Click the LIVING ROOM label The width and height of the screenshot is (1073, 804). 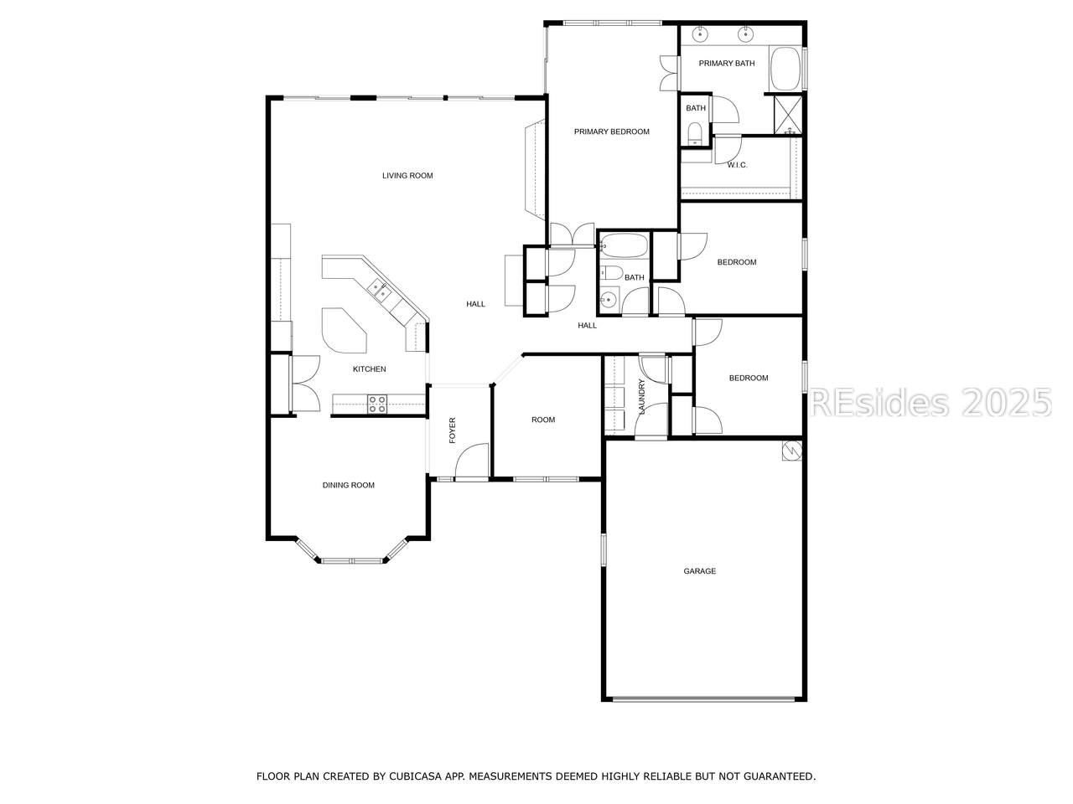[407, 176]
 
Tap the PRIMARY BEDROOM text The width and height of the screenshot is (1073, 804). [612, 131]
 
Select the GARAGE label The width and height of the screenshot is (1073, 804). [699, 571]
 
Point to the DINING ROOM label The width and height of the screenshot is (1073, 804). [348, 485]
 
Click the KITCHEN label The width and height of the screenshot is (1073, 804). [369, 369]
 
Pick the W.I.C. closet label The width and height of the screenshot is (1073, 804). [737, 166]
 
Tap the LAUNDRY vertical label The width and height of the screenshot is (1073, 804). [642, 397]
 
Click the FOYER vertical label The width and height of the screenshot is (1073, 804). [452, 430]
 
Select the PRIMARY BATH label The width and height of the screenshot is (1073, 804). [727, 64]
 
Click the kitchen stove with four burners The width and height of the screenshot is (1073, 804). [377, 405]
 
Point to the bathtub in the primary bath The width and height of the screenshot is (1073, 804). [785, 69]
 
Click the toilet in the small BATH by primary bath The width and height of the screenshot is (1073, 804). [694, 133]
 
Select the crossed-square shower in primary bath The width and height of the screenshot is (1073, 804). [788, 114]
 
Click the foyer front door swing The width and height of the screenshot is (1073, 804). [472, 461]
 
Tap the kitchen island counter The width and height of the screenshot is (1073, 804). [344, 330]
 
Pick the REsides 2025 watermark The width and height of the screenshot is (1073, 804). [930, 403]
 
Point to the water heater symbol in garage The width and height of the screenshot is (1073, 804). [791, 451]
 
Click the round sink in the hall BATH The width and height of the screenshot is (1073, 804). [609, 300]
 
